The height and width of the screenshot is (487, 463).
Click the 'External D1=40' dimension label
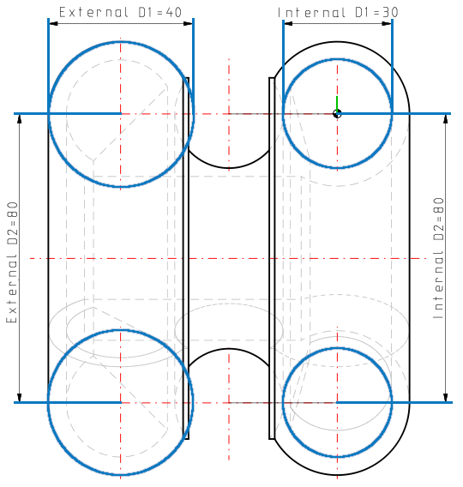pos(121,13)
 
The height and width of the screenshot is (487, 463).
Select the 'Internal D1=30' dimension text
pos(338,13)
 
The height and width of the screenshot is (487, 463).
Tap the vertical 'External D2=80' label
pos(12,258)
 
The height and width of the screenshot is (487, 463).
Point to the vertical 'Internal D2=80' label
pos(438,258)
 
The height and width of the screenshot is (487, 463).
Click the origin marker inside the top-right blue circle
pos(338,114)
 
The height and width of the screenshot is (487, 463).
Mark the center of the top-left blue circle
pos(121,114)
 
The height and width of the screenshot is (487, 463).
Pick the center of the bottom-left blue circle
pos(121,402)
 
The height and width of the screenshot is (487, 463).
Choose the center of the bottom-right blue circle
pos(338,402)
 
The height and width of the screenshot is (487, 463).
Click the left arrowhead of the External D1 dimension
pos(53,23)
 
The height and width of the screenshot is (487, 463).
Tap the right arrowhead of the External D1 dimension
pos(189,23)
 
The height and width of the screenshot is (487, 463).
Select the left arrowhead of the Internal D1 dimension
pos(287,23)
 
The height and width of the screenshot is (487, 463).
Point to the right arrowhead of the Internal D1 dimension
pos(388,23)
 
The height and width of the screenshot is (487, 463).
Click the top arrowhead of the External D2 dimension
pos(19,119)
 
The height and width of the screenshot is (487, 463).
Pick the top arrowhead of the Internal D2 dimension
pos(445,119)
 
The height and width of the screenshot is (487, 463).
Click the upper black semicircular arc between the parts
pos(228,166)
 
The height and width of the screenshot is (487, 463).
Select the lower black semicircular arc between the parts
pos(228,349)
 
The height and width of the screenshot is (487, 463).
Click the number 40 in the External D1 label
pos(175,13)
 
